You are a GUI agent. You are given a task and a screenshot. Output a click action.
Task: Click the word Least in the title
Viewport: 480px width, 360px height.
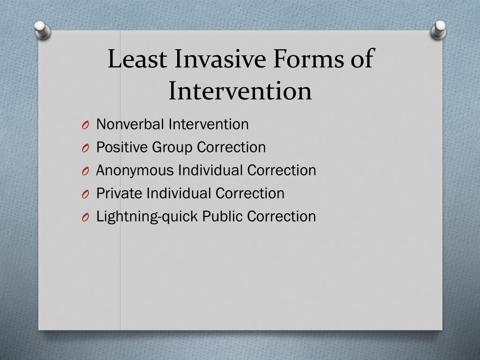(137, 60)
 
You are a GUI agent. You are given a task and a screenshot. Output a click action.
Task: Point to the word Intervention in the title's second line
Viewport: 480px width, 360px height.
(240, 91)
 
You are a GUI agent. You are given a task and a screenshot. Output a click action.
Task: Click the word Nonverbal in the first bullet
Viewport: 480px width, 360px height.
(130, 124)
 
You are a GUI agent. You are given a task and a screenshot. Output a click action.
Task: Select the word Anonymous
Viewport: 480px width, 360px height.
(135, 170)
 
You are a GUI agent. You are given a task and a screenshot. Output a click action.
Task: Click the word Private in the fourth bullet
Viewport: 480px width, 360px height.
(120, 193)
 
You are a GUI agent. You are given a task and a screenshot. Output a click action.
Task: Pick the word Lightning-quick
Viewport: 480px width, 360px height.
(147, 217)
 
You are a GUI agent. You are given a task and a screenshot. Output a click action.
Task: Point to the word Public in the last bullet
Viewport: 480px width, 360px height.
(223, 217)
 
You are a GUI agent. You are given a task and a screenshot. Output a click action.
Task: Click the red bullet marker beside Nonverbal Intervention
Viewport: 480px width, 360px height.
(85, 125)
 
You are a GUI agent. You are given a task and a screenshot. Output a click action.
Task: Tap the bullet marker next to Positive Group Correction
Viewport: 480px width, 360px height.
(85, 148)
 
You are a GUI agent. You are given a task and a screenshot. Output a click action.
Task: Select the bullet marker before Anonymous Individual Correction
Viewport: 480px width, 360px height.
(85, 171)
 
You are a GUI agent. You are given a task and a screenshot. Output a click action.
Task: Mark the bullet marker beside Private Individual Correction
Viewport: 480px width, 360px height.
(85, 194)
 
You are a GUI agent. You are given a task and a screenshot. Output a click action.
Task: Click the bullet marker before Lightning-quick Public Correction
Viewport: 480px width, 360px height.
(85, 217)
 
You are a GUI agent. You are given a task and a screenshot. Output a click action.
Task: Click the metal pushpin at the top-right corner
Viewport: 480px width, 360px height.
(439, 30)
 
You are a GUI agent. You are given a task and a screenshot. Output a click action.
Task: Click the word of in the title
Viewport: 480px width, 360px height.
(361, 60)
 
